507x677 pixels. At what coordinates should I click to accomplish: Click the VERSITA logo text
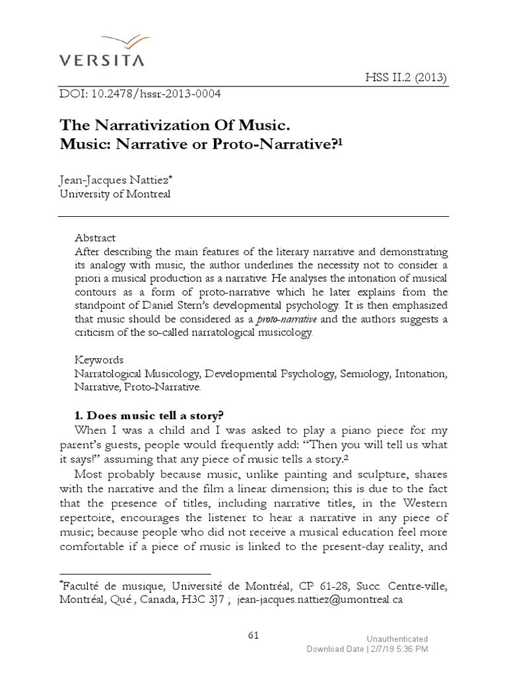102,61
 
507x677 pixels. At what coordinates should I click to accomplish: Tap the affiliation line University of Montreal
115,194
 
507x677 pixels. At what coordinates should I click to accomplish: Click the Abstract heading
95,237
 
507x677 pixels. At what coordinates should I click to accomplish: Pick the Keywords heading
99,360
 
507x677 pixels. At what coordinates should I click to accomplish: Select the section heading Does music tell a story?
150,415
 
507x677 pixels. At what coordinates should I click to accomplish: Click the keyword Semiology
364,374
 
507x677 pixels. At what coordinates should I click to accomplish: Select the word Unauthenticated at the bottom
397,639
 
